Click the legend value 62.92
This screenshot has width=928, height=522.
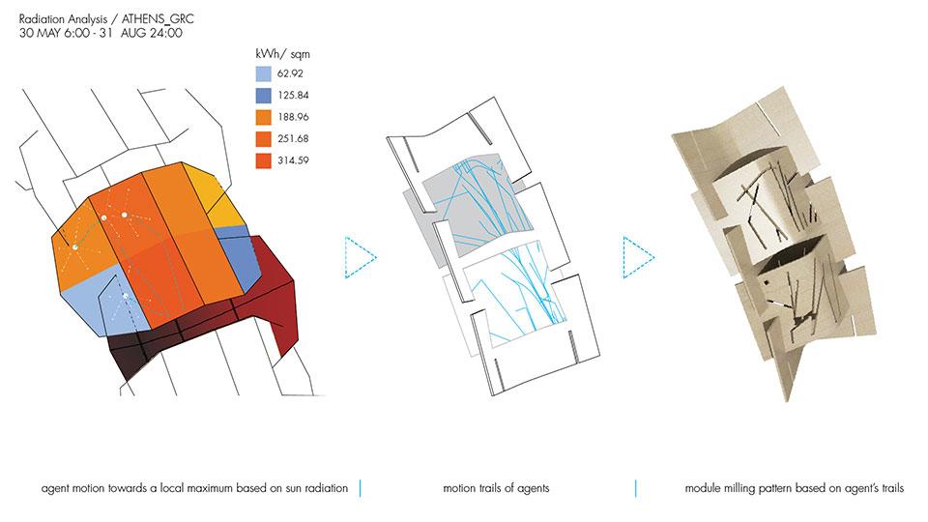tap(290, 73)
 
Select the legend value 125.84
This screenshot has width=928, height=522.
tap(293, 96)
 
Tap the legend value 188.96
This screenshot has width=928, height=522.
tap(293, 117)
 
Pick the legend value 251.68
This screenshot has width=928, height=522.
tap(293, 139)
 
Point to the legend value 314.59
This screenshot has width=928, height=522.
tap(293, 160)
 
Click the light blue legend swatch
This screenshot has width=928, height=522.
tap(263, 73)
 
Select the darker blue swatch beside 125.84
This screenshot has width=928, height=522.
tap(263, 96)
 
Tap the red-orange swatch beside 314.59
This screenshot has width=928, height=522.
tap(263, 160)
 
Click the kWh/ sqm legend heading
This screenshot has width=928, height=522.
tap(282, 54)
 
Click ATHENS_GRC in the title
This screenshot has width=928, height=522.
tap(158, 19)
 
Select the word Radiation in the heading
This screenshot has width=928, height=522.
tap(42, 19)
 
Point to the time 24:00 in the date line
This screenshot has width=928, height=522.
tap(165, 33)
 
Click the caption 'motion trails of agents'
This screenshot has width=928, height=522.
tap(496, 488)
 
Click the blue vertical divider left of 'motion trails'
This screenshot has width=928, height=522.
tap(360, 489)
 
